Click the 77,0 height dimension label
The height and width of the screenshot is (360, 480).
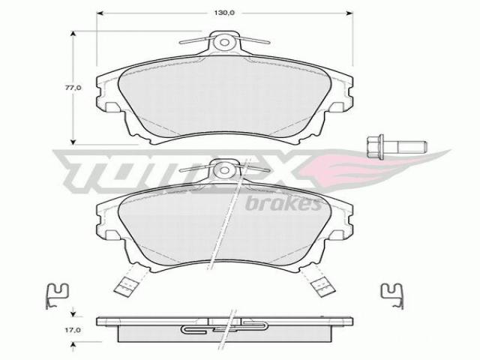[73, 88]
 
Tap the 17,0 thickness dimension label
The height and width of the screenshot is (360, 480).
[73, 330]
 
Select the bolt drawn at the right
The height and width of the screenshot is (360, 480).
[397, 147]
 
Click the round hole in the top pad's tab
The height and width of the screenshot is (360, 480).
[225, 42]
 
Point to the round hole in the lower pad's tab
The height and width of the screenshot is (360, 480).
[225, 169]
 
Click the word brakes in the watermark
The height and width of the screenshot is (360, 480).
[283, 203]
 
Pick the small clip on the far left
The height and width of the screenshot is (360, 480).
[57, 295]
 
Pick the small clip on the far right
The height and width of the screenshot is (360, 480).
[391, 295]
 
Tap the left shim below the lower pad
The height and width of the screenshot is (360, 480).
[125, 285]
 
